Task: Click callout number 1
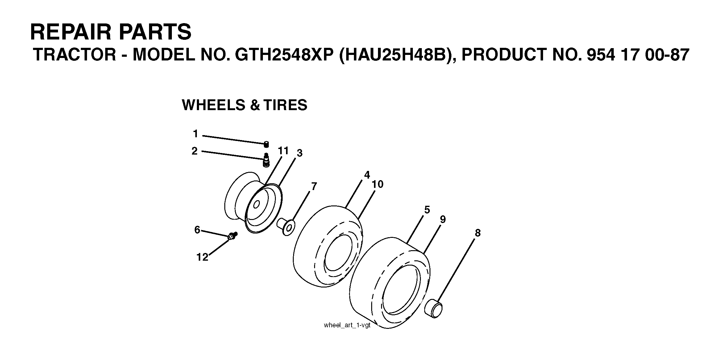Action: click(195, 134)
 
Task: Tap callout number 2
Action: click(194, 151)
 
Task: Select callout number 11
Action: click(283, 151)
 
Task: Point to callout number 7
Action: click(314, 186)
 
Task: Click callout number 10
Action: click(378, 184)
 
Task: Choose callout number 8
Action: click(478, 233)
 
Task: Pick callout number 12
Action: click(202, 257)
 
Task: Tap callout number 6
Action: click(197, 230)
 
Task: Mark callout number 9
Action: click(443, 219)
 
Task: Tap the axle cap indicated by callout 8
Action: click(434, 308)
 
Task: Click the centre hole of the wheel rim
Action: click(256, 204)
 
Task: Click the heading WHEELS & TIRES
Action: click(245, 105)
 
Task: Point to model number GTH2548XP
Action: click(284, 55)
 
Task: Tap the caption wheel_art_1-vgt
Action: click(347, 325)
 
